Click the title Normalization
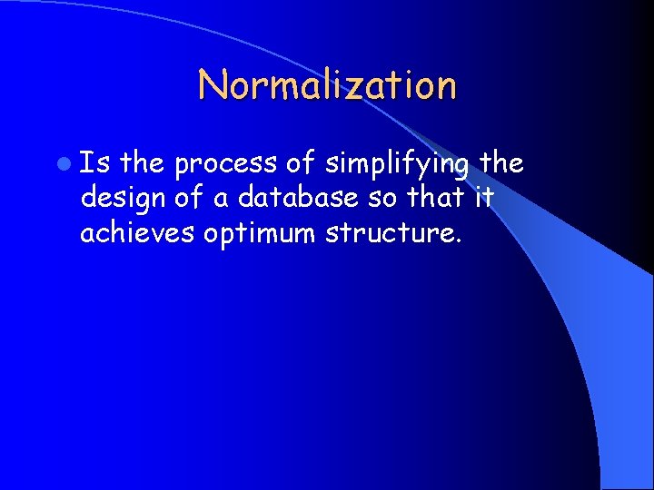click(327, 85)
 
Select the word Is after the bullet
click(94, 163)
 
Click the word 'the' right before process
click(141, 163)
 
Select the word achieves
click(137, 232)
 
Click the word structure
click(391, 233)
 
